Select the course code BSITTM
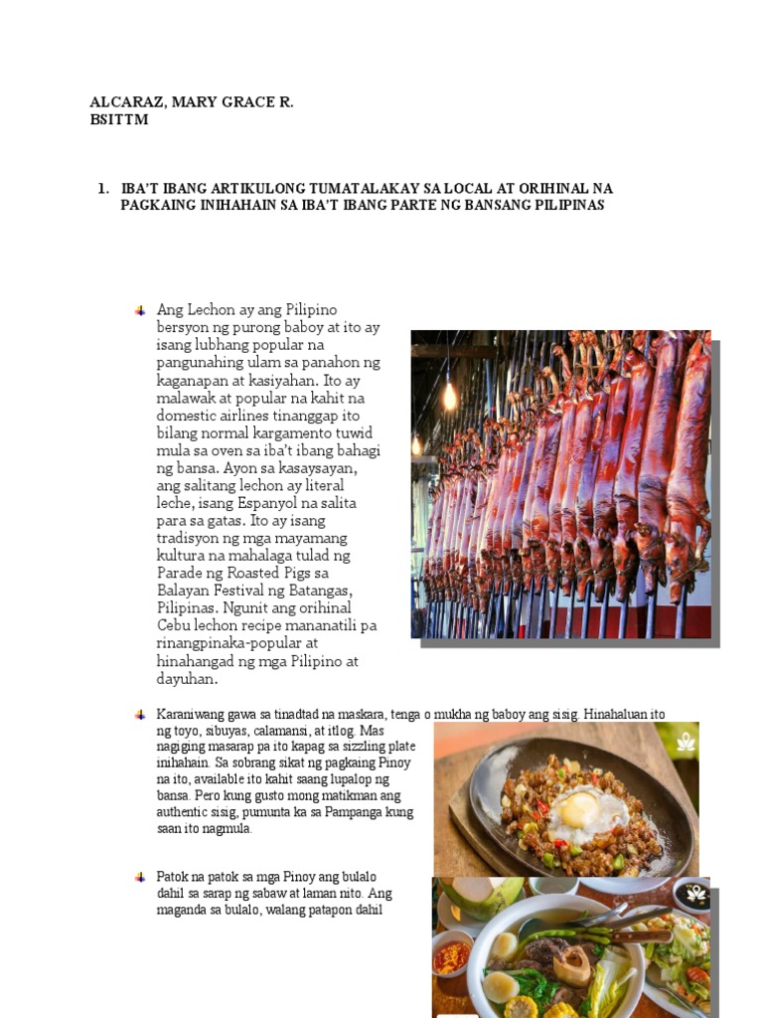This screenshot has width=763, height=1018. tap(118, 119)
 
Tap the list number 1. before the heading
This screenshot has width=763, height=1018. tap(102, 188)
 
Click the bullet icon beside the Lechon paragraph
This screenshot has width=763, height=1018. tap(140, 310)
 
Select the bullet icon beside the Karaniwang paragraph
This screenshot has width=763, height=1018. tap(140, 714)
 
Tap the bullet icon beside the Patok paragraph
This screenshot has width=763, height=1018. tap(140, 877)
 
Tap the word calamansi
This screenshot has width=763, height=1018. tap(267, 731)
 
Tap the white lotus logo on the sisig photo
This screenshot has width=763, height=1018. tap(684, 741)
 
